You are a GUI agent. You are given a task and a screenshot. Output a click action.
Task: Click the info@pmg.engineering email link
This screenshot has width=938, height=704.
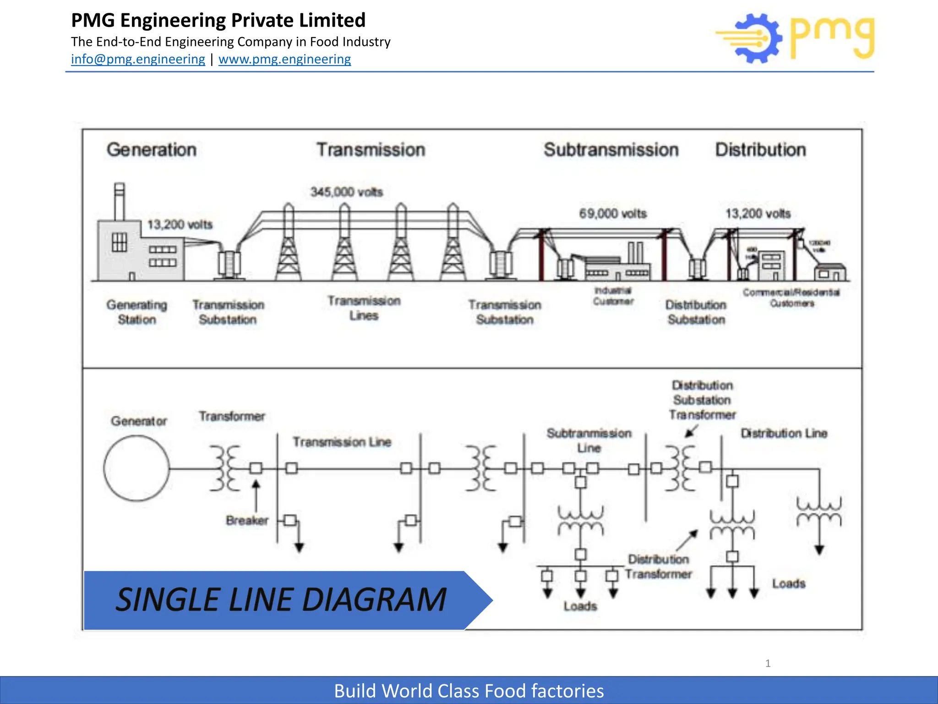(x=138, y=59)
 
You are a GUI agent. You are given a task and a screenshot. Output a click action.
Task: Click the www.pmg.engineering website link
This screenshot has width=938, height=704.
(x=284, y=59)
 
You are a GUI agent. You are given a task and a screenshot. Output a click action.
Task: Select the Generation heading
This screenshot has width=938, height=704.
(x=152, y=150)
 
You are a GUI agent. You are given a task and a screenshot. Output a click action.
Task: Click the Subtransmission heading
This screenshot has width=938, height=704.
(x=611, y=150)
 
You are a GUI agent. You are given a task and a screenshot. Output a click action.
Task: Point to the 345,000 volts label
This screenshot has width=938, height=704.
(x=347, y=192)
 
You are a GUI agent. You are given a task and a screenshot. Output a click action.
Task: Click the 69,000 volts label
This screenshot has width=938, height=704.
(x=613, y=214)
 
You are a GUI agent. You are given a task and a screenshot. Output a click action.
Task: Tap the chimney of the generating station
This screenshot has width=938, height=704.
(x=120, y=202)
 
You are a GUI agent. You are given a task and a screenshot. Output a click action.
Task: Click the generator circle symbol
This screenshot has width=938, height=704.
(x=136, y=468)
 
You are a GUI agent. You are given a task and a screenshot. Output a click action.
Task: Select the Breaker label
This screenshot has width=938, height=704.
(x=247, y=520)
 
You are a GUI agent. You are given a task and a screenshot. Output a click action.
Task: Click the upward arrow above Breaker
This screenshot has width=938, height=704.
(x=256, y=495)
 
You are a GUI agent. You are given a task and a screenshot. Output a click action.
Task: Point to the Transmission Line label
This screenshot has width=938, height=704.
(x=342, y=442)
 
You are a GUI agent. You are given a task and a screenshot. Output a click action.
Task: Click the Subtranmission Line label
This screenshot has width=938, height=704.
(x=589, y=440)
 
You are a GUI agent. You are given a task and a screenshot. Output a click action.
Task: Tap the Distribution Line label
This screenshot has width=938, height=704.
(x=784, y=433)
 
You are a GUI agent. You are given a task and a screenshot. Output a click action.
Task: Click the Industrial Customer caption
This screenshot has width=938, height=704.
(x=613, y=296)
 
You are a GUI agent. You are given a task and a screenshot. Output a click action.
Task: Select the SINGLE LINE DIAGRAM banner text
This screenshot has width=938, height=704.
(x=281, y=599)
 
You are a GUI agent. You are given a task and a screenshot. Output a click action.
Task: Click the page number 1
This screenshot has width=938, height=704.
(x=768, y=663)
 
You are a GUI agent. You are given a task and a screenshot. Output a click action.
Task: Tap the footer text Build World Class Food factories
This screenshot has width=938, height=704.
(x=469, y=691)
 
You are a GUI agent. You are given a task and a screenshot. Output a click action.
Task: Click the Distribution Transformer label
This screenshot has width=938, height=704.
(x=658, y=566)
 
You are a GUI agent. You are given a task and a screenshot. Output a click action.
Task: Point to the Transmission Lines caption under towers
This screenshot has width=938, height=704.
(x=364, y=308)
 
